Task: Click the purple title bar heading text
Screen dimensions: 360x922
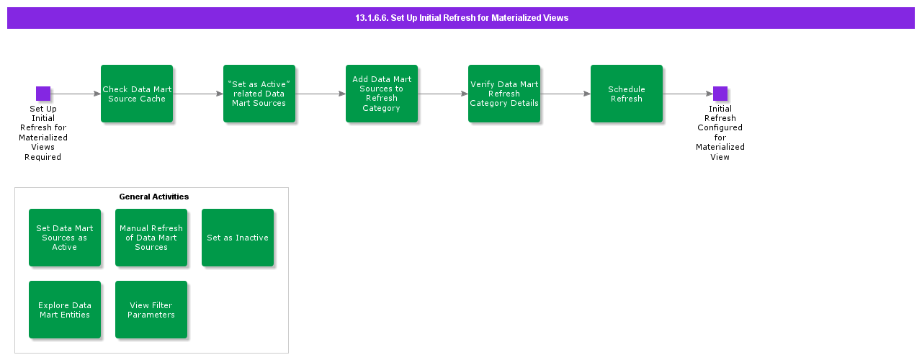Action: pyautogui.click(x=461, y=18)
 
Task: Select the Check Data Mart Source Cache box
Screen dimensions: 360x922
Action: pyautogui.click(x=137, y=94)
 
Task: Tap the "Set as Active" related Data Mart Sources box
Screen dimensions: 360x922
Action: pyautogui.click(x=259, y=94)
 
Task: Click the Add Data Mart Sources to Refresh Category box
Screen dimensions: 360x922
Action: pyautogui.click(x=382, y=94)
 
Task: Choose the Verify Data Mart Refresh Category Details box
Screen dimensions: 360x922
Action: pyautogui.click(x=504, y=94)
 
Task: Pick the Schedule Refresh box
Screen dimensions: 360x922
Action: pyautogui.click(x=627, y=94)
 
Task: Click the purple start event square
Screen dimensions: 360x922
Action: pyautogui.click(x=43, y=94)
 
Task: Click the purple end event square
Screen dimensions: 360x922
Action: pyautogui.click(x=720, y=94)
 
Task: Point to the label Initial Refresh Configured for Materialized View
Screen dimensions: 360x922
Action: pyautogui.click(x=720, y=132)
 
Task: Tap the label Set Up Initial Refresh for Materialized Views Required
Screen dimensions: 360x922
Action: pyautogui.click(x=43, y=132)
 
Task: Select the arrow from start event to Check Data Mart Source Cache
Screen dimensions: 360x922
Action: pyautogui.click(x=76, y=94)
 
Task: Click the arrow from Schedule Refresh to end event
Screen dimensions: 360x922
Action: pyautogui.click(x=688, y=94)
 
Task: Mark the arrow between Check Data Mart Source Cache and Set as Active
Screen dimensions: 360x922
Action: pyautogui.click(x=198, y=94)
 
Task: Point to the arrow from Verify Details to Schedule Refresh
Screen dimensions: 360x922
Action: pyautogui.click(x=565, y=94)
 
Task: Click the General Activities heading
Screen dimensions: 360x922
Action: pyautogui.click(x=154, y=197)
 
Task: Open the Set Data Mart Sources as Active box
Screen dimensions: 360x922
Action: pyautogui.click(x=65, y=238)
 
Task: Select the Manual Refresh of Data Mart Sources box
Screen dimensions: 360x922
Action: pyautogui.click(x=151, y=238)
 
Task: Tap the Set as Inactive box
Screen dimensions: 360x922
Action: pyautogui.click(x=238, y=238)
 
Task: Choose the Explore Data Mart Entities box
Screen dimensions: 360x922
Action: pyautogui.click(x=65, y=310)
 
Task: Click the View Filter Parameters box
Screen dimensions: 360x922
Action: pyautogui.click(x=151, y=310)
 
